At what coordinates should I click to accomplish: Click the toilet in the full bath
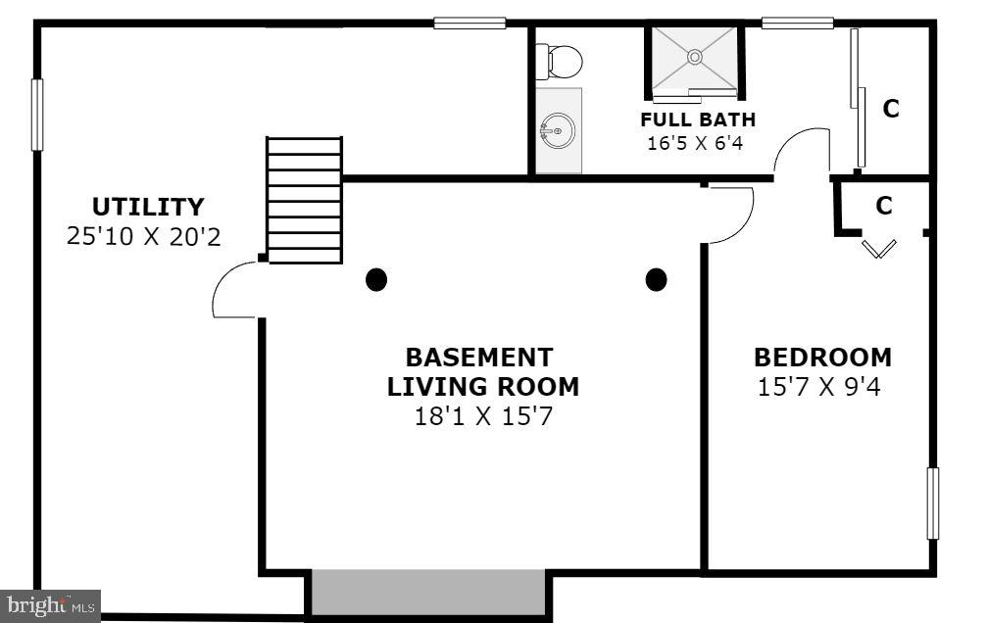pos(562,62)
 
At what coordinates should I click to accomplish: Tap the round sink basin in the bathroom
pos(558,129)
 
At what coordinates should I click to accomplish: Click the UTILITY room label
pos(148,207)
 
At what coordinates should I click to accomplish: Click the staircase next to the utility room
pos(305,200)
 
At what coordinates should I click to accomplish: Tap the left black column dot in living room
pos(376,280)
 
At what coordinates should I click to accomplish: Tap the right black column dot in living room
pos(657,280)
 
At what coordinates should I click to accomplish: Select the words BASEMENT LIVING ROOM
pos(482,371)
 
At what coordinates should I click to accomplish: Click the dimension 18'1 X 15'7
pos(482,416)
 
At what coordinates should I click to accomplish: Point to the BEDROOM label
pos(822,358)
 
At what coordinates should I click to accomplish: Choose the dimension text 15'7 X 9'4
pos(819,386)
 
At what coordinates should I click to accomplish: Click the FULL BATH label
pos(698,120)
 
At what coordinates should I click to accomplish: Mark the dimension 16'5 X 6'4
pos(695,143)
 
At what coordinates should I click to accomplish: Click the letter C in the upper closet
pos(891,109)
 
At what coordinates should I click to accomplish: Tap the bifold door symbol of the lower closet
pos(879,248)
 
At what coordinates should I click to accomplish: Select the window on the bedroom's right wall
pos(932,503)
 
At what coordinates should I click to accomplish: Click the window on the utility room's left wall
pos(37,115)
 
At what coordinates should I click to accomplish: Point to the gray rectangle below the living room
pos(427,593)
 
